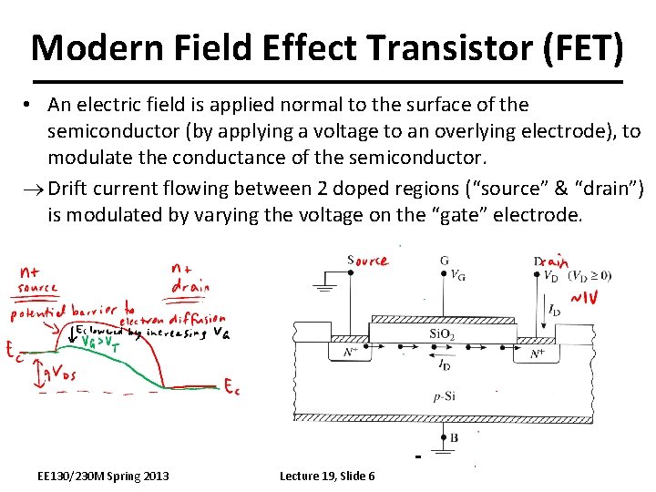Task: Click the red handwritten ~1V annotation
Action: pos(584,299)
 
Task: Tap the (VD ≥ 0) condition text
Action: pos(590,276)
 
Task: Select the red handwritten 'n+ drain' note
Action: pos(190,277)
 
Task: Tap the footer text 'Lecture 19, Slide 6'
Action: pos(327,477)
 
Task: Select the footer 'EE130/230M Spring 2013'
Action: pos(103,477)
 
